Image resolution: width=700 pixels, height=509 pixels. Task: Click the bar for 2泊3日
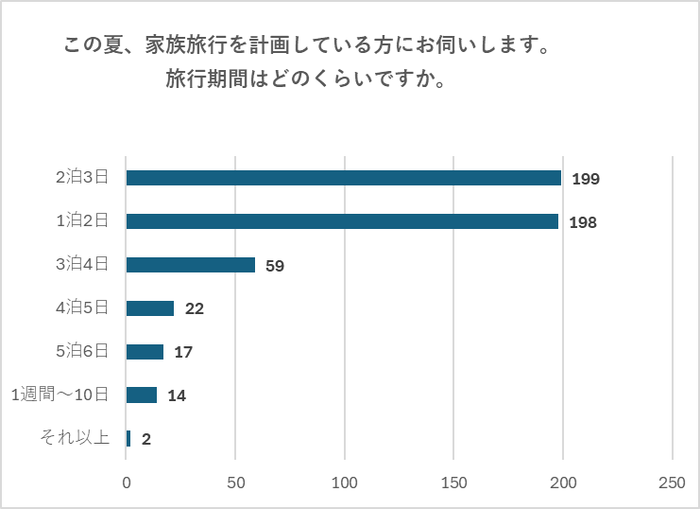point(344,178)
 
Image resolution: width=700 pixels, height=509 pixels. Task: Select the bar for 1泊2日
point(342,221)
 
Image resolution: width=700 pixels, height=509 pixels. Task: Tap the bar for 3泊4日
point(191,265)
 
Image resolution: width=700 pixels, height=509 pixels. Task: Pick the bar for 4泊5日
point(150,308)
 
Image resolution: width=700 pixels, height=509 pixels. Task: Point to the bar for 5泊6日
point(145,352)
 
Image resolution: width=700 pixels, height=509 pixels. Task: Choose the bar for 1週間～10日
point(142,395)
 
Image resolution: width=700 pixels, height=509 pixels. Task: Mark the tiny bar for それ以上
point(128,438)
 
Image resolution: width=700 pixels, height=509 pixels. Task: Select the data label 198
point(583,222)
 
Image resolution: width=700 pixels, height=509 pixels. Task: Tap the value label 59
point(275,266)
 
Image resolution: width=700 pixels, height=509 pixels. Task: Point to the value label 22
point(195,309)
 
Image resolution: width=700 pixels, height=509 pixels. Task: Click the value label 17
point(183,353)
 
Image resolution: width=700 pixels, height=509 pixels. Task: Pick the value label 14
point(177,396)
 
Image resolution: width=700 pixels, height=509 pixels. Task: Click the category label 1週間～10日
point(60,395)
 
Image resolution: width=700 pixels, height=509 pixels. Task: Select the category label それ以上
point(75,438)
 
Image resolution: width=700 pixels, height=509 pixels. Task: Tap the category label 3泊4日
point(82,264)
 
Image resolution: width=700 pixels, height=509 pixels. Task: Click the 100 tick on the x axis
point(345,483)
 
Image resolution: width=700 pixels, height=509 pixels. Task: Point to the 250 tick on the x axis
point(672,483)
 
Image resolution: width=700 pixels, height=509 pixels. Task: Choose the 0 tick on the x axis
point(127,483)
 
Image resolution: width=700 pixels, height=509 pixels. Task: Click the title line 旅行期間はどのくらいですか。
point(305,79)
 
